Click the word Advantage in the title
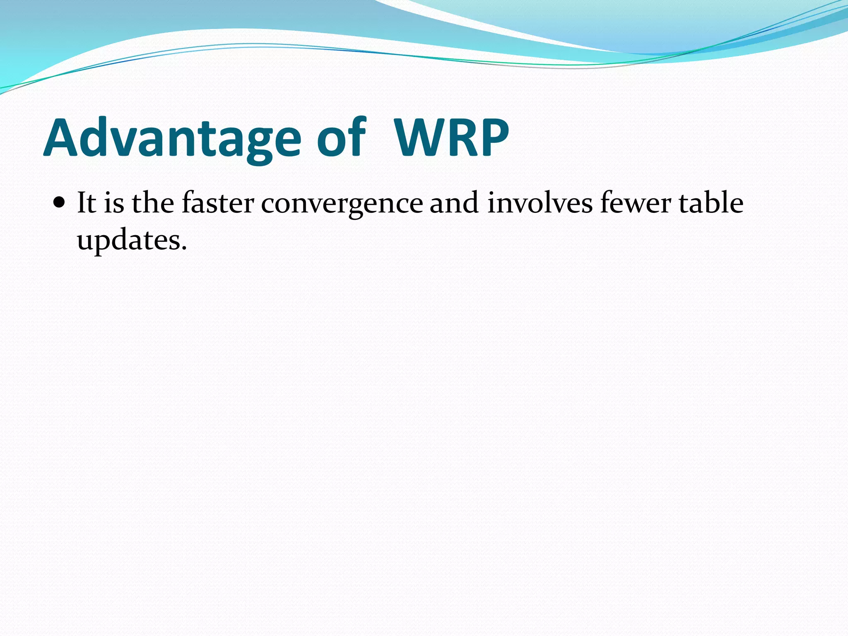(172, 139)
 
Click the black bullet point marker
(60, 204)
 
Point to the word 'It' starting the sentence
(86, 203)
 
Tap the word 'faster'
(218, 203)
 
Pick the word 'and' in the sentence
(454, 203)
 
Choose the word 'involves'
(540, 203)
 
